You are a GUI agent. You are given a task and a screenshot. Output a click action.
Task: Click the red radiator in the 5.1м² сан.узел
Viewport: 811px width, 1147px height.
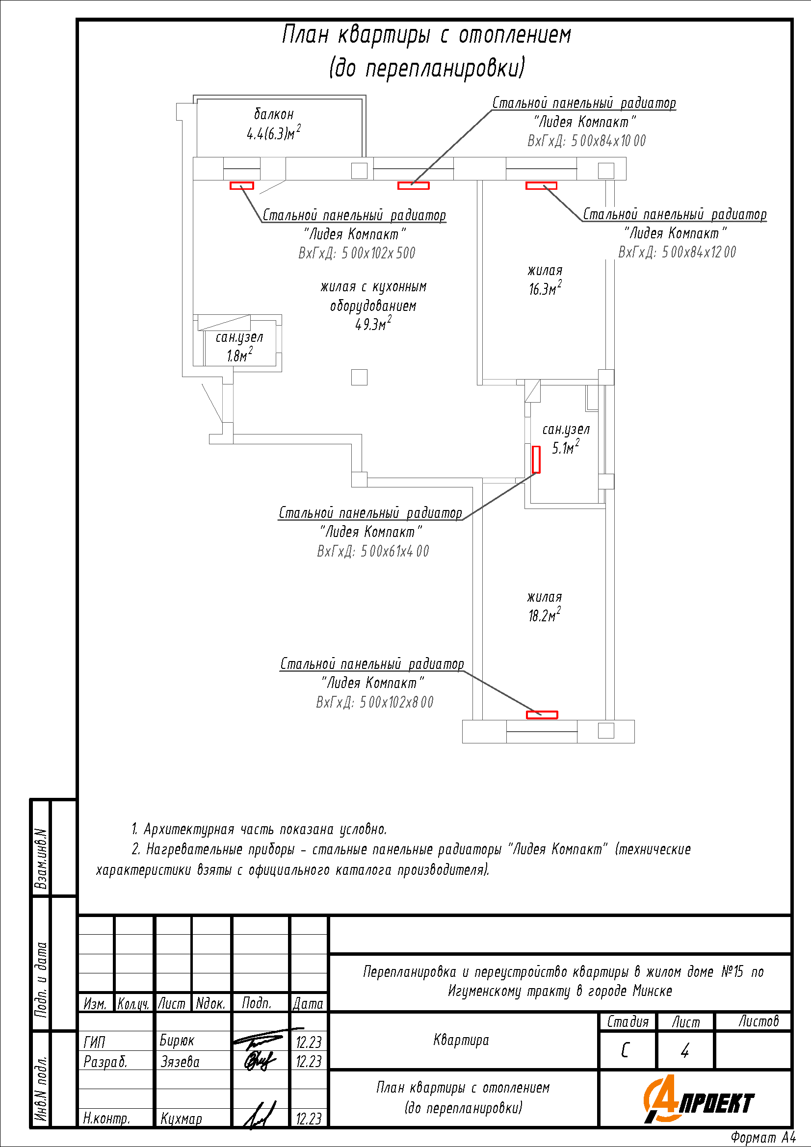pos(536,459)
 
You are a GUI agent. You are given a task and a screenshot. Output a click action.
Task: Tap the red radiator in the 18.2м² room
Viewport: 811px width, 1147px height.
pos(542,715)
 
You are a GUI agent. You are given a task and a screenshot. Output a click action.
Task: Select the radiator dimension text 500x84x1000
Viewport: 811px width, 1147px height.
pos(586,141)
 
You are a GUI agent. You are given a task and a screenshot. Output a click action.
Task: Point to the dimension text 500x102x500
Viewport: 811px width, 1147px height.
pos(357,253)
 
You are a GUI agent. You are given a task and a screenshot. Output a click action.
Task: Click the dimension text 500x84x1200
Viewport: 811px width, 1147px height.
pos(677,252)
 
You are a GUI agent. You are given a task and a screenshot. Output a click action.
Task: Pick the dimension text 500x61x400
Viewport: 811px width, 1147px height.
pos(373,552)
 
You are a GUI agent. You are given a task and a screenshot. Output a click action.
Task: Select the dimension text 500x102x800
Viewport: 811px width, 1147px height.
pos(374,702)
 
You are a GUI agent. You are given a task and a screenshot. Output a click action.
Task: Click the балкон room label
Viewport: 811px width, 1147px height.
pos(274,114)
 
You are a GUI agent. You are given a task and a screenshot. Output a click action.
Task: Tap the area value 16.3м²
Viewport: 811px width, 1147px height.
pos(545,289)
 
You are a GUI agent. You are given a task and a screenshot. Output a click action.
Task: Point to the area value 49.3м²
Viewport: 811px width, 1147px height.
pos(373,324)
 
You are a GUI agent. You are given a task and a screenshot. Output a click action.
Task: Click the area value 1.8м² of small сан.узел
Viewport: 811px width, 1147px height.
pos(239,355)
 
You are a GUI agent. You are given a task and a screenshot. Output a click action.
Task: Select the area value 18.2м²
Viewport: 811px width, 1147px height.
pos(544,615)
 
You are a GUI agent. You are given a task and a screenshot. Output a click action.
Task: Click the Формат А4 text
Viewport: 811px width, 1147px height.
pos(762,1138)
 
